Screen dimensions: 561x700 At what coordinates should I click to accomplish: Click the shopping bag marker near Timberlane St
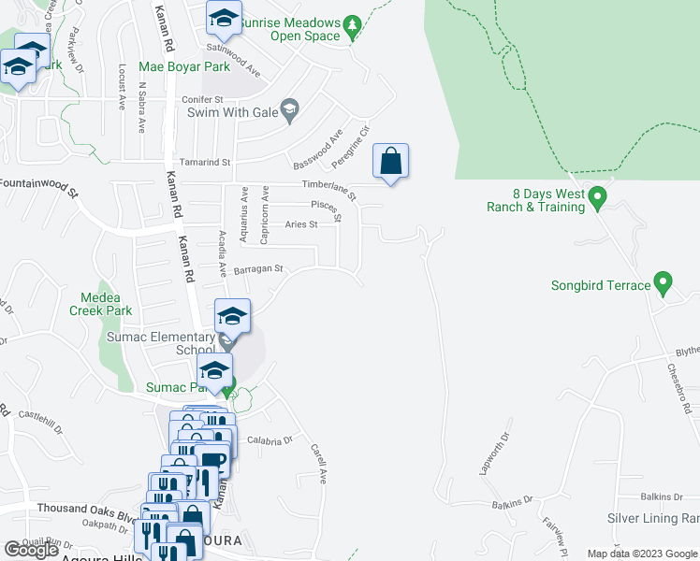click(391, 161)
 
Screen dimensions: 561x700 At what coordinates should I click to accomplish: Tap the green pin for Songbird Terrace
click(663, 280)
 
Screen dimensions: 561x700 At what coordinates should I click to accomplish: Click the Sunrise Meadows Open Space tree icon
click(352, 24)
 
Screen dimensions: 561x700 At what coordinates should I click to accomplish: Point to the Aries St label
click(301, 224)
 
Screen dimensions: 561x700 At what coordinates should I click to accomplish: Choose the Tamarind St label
click(205, 162)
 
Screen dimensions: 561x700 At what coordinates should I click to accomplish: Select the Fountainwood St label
click(39, 187)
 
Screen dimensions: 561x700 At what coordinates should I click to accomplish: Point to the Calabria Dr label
click(270, 439)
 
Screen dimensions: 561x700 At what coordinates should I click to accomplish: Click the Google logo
click(31, 550)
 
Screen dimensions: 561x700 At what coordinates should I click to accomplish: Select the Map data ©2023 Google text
click(641, 554)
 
